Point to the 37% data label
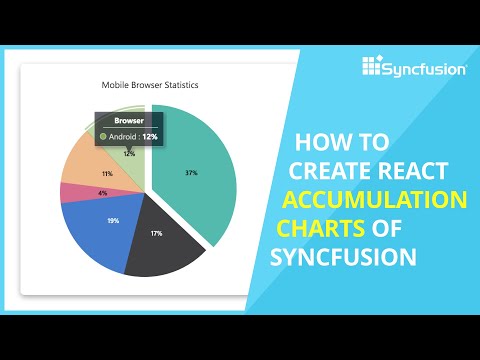pos(191,173)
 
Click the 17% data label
pos(157,234)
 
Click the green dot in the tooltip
pos(102,135)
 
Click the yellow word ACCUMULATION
pos(375,198)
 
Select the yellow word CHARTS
pos(315,227)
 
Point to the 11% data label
pos(106,173)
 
